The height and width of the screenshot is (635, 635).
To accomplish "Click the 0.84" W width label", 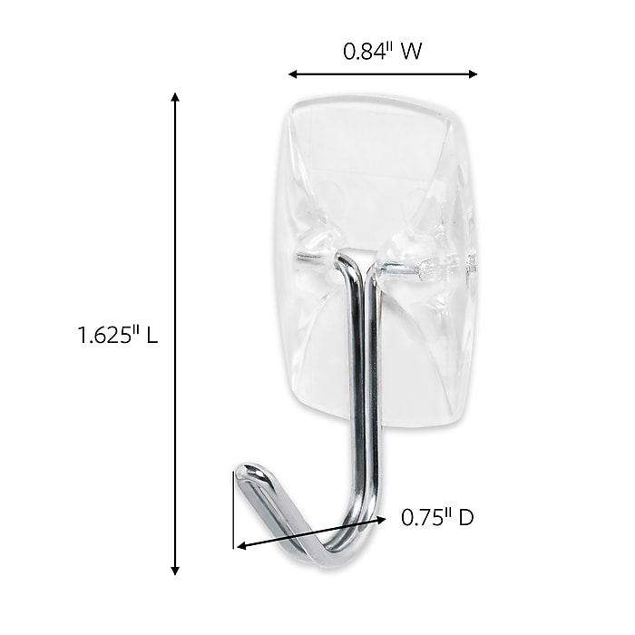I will point(382,53).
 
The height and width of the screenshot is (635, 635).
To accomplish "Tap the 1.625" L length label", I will point(118,336).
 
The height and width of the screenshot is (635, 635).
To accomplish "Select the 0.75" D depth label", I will point(437,519).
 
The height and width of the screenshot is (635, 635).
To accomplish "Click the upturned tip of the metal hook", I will point(247,473).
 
